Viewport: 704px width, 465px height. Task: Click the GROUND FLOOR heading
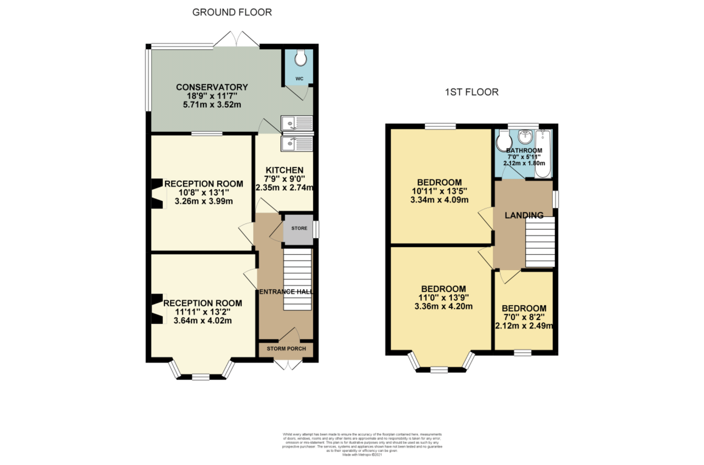point(232,12)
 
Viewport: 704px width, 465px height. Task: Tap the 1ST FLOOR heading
point(472,92)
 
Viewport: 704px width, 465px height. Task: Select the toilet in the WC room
point(301,58)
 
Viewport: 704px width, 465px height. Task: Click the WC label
point(299,79)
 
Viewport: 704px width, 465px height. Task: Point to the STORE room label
point(299,228)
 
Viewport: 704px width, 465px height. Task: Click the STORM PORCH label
point(286,349)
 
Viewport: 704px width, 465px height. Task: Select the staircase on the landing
point(540,242)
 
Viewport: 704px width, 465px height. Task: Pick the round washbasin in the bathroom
point(525,137)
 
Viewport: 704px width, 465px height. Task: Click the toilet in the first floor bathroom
point(504,141)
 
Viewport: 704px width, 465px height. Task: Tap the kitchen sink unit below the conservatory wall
point(297,144)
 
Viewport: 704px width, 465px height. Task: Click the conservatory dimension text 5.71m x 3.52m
point(212,105)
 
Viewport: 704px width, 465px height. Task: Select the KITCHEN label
point(284,170)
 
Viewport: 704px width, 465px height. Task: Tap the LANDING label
point(524,215)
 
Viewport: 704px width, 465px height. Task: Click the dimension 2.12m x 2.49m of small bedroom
point(524,326)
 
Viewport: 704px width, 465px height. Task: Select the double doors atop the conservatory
point(236,39)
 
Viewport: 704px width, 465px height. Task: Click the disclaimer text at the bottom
point(362,444)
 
